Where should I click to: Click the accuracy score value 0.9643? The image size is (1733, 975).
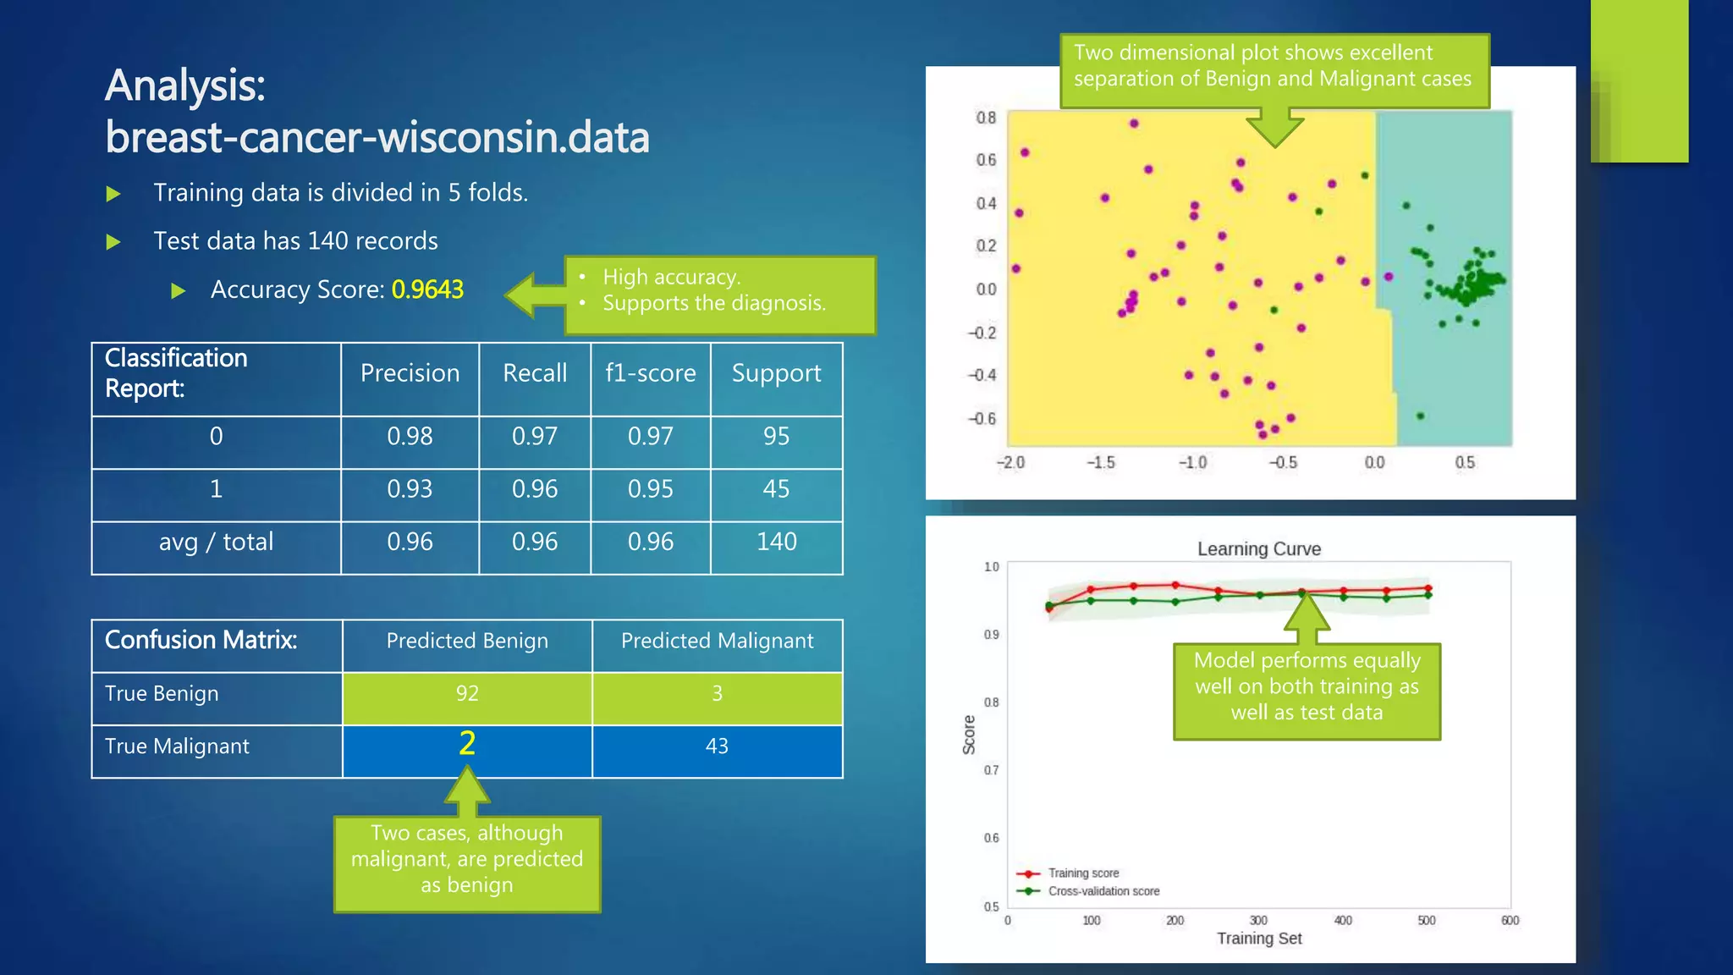pyautogui.click(x=427, y=289)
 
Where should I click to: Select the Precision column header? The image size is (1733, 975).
pyautogui.click(x=410, y=373)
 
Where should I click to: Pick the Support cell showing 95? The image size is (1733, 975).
pyautogui.click(x=776, y=436)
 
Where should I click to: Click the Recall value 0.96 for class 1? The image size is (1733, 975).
pyautogui.click(x=535, y=489)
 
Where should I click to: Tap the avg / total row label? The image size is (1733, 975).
pyautogui.click(x=216, y=542)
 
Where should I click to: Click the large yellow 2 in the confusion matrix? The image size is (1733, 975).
pyautogui.click(x=467, y=744)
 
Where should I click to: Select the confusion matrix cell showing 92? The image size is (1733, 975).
pyautogui.click(x=467, y=694)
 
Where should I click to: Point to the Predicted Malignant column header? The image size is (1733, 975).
pyautogui.click(x=717, y=642)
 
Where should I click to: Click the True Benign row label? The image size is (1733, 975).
pyautogui.click(x=162, y=694)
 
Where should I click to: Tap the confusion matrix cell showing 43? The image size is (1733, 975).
pyautogui.click(x=717, y=746)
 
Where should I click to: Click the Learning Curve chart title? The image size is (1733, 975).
pyautogui.click(x=1258, y=549)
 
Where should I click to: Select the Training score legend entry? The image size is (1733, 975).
pyautogui.click(x=1083, y=873)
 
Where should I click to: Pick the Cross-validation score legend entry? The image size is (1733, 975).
pyautogui.click(x=1103, y=891)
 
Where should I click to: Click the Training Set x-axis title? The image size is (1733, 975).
pyautogui.click(x=1259, y=939)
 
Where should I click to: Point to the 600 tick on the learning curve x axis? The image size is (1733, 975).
pyautogui.click(x=1510, y=921)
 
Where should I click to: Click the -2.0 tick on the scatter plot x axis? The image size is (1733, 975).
pyautogui.click(x=1010, y=463)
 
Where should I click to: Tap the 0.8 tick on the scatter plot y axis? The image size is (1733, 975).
pyautogui.click(x=986, y=118)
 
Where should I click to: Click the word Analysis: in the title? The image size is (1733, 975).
pyautogui.click(x=185, y=85)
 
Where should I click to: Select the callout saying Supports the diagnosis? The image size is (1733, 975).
pyautogui.click(x=713, y=303)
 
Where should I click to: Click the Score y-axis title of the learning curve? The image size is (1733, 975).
pyautogui.click(x=970, y=734)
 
